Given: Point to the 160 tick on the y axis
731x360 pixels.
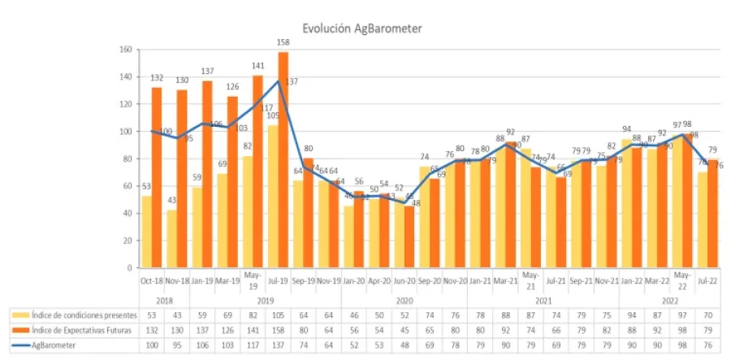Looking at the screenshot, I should [125, 50].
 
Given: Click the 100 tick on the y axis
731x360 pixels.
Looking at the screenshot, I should [125, 132].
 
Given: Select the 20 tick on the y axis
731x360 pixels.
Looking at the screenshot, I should [128, 241].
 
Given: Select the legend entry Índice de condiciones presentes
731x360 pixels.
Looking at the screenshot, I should [72, 314].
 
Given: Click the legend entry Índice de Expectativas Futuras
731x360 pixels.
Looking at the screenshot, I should [72, 329].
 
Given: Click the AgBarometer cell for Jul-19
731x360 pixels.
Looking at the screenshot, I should [278, 344].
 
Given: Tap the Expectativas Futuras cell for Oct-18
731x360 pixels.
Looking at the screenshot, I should [152, 329].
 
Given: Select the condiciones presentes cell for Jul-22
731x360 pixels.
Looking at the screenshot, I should [707, 314].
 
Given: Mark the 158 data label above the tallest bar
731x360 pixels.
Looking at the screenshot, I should [283, 44].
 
